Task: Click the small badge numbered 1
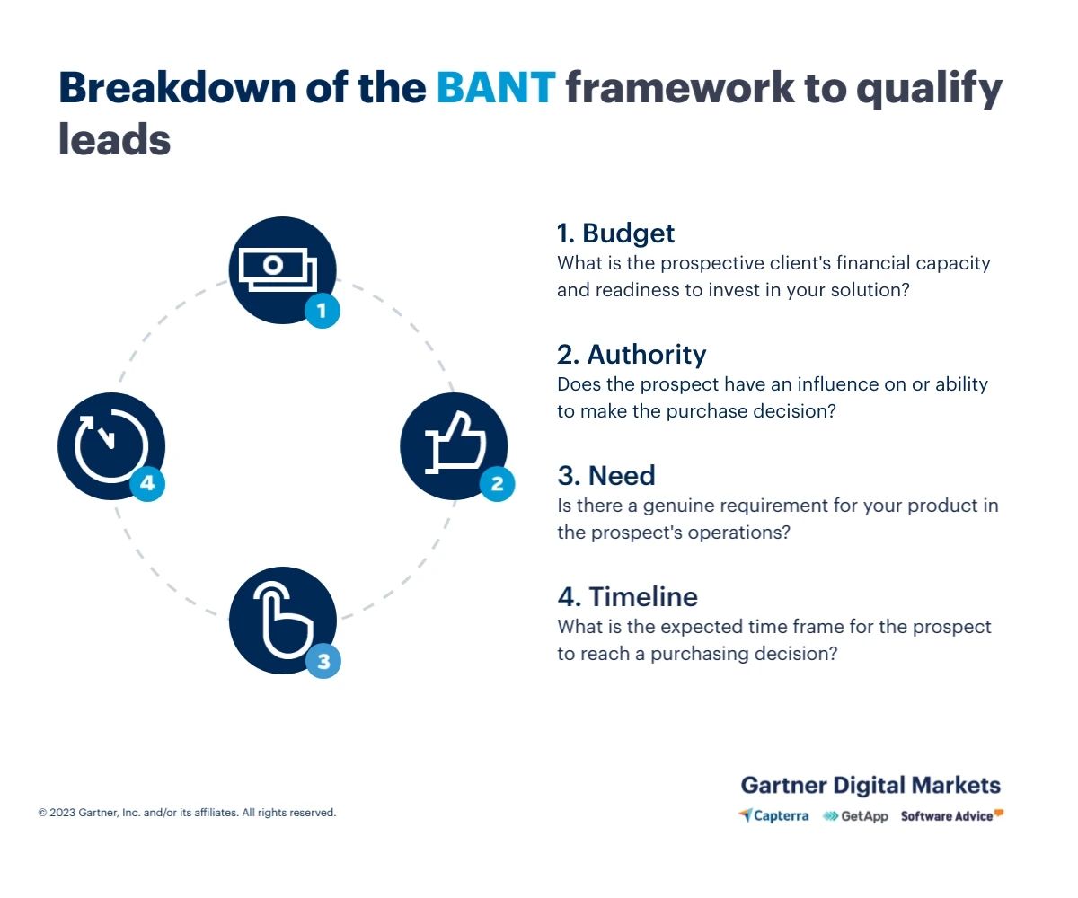click(x=323, y=311)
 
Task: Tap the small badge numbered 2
click(x=497, y=485)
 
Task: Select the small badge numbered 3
click(x=323, y=662)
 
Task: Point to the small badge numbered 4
click(x=147, y=484)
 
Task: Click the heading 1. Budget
click(x=615, y=233)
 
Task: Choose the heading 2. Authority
click(x=632, y=355)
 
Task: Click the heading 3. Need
click(x=606, y=476)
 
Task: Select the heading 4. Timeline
click(x=627, y=597)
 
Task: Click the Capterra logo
click(x=773, y=816)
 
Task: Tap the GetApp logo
click(x=855, y=816)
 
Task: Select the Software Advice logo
click(x=951, y=815)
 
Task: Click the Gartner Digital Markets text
click(x=870, y=785)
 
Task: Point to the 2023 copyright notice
click(x=187, y=813)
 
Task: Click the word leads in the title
click(x=114, y=140)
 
